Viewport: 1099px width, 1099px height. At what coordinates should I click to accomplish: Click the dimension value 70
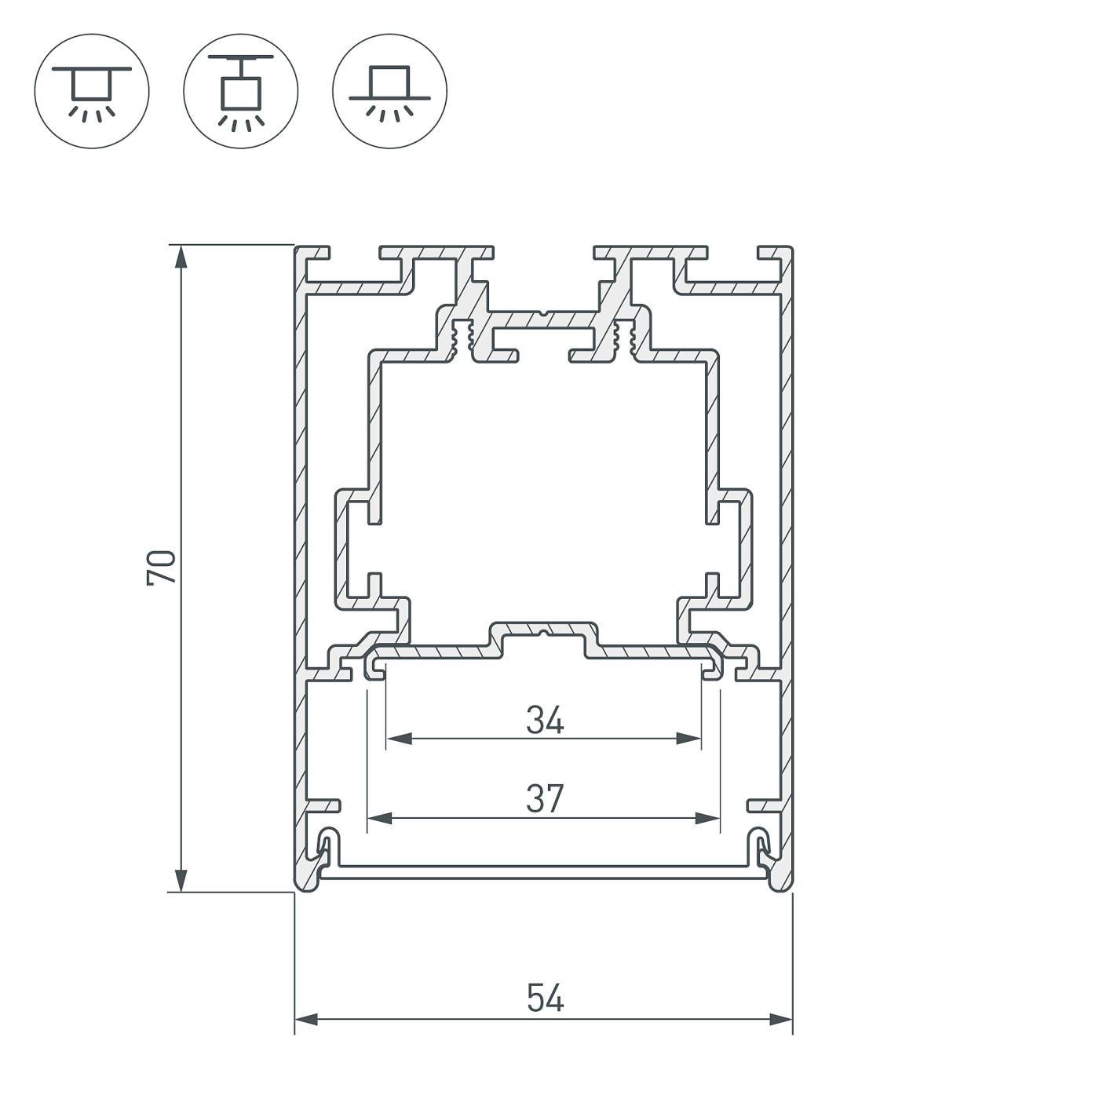click(x=162, y=567)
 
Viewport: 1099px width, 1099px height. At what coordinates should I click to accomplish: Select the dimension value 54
click(x=545, y=999)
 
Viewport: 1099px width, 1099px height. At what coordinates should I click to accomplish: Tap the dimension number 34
click(x=545, y=720)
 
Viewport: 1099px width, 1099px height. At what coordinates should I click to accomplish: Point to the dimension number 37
click(x=545, y=799)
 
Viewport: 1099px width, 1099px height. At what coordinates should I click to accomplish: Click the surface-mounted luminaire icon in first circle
click(x=92, y=91)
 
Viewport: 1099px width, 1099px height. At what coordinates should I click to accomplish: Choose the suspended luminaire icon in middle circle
click(x=241, y=91)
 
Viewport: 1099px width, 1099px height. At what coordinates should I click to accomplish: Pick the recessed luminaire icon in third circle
click(x=390, y=91)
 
